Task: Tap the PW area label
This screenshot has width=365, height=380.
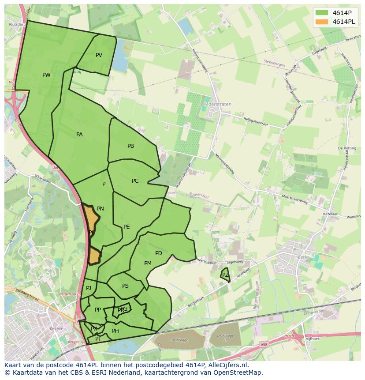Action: [46, 75]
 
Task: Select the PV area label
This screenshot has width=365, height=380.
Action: [99, 55]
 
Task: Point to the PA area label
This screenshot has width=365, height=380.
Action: [79, 135]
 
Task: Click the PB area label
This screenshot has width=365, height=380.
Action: [130, 146]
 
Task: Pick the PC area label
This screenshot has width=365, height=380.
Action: [135, 181]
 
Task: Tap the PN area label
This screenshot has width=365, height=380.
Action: [101, 209]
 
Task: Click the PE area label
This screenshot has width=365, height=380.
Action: [127, 227]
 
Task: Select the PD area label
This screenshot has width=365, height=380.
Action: [159, 253]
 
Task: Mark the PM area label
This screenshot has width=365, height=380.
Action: [148, 263]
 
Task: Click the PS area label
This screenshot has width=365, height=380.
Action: [125, 286]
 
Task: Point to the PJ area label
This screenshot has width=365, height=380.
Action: [89, 288]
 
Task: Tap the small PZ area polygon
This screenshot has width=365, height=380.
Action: [225, 275]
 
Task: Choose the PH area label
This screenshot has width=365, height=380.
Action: [115, 331]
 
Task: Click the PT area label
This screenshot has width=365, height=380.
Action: [98, 339]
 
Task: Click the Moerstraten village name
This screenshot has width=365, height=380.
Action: [218, 105]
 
